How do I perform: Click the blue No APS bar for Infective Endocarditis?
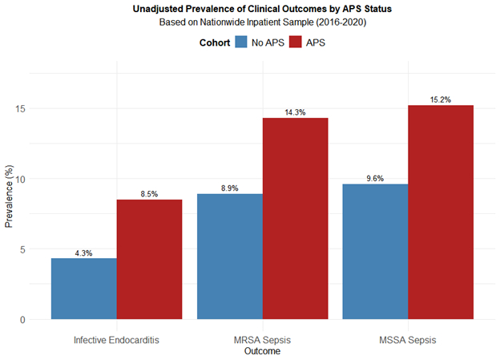84,289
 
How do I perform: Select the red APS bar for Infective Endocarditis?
150,260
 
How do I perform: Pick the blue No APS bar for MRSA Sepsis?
230,257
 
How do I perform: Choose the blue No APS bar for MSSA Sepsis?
375,252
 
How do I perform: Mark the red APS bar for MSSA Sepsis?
441,212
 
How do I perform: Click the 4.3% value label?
84,253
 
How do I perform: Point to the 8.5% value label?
150,194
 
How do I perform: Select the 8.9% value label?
230,188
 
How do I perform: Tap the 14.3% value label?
296,113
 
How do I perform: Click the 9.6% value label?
375,179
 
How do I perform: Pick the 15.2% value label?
441,100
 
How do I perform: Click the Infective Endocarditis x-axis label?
117,340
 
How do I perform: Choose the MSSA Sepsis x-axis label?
408,340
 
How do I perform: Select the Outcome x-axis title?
262,351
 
